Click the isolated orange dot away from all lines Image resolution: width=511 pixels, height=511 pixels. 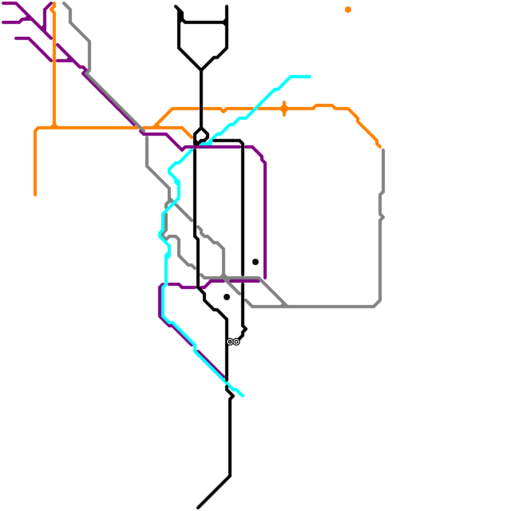coord(348,10)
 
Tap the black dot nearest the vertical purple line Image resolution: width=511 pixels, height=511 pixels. coord(256,262)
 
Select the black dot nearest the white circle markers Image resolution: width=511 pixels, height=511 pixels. coord(227,297)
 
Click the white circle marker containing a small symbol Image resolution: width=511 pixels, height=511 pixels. coord(230,342)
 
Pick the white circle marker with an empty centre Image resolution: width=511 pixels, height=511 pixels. coord(236,342)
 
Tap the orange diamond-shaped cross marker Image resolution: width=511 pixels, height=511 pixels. coord(284,109)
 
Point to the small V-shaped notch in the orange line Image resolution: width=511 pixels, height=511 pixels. coord(224,111)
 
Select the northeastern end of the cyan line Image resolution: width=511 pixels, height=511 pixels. coord(310,77)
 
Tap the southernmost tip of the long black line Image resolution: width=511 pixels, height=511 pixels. coord(198,507)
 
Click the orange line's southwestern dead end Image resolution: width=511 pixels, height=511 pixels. coord(35,195)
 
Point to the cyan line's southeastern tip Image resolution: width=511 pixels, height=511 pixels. coord(243,396)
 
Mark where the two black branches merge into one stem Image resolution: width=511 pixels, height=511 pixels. coord(201,70)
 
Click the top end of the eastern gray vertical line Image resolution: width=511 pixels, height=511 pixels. coord(383,150)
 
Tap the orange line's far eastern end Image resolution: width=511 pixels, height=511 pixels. coord(380,147)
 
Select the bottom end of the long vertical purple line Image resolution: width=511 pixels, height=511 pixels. coord(265,278)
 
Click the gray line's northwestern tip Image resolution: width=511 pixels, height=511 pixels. coord(64,3)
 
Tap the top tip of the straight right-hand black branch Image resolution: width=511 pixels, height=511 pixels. coord(227,6)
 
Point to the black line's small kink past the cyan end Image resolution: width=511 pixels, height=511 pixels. coord(232,396)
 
